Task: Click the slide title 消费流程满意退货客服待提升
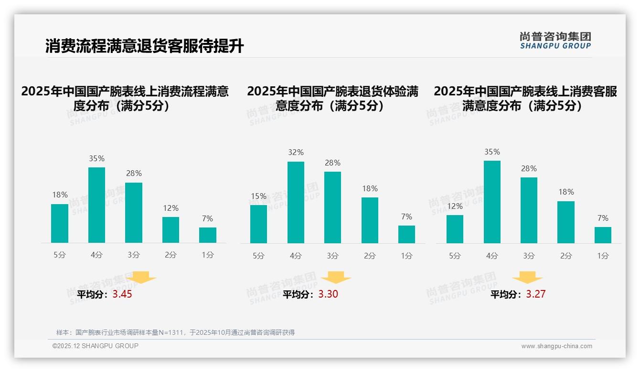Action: (x=145, y=46)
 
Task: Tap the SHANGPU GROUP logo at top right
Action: (x=555, y=41)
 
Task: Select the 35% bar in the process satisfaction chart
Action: (x=96, y=205)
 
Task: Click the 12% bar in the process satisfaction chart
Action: (x=171, y=230)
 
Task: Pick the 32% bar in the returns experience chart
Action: (x=296, y=203)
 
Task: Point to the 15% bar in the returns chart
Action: (x=258, y=224)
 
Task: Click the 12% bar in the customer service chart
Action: (x=455, y=229)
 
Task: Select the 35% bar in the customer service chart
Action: (x=492, y=202)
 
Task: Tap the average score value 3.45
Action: (x=122, y=294)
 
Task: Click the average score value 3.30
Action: (x=328, y=294)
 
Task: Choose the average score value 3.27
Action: (x=535, y=294)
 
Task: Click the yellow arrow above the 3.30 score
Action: (x=336, y=278)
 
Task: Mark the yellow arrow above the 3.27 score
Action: (x=527, y=278)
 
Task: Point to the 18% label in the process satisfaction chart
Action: (x=60, y=195)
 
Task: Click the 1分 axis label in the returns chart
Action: (x=406, y=256)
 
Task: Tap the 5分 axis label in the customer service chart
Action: (x=455, y=256)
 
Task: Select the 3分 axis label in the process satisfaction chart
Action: (x=134, y=255)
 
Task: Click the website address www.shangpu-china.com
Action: (x=556, y=346)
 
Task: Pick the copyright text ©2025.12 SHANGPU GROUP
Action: (x=96, y=346)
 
